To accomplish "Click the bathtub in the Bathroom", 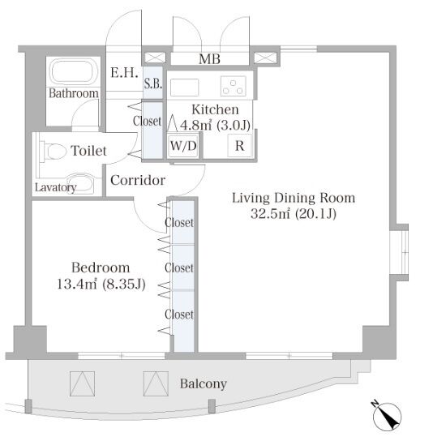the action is pos(74,71).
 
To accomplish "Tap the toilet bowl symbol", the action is pos(55,152).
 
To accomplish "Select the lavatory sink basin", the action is pos(80,183).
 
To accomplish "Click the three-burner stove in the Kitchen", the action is pos(233,87).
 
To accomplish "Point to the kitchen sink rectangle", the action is pos(185,88).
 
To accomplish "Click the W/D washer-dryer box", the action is pos(183,146).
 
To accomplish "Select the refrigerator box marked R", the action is pos(239,146).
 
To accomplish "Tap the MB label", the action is pos(209,59).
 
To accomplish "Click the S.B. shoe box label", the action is pos(153,83).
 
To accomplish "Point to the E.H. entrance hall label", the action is pos(124,73).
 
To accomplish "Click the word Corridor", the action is pos(138,180).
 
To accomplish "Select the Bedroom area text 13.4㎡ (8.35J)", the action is pos(101,284).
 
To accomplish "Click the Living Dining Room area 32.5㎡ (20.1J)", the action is pos(294,214).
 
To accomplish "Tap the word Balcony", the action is pos(204,384).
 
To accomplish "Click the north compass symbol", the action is pos(387,416).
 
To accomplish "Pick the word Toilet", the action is pos(88,151).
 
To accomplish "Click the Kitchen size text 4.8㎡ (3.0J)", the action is pos(215,125).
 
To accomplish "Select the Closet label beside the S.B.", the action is pos(147,122).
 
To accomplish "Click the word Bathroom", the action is pos(74,93).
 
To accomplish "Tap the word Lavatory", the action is pos(56,187).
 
